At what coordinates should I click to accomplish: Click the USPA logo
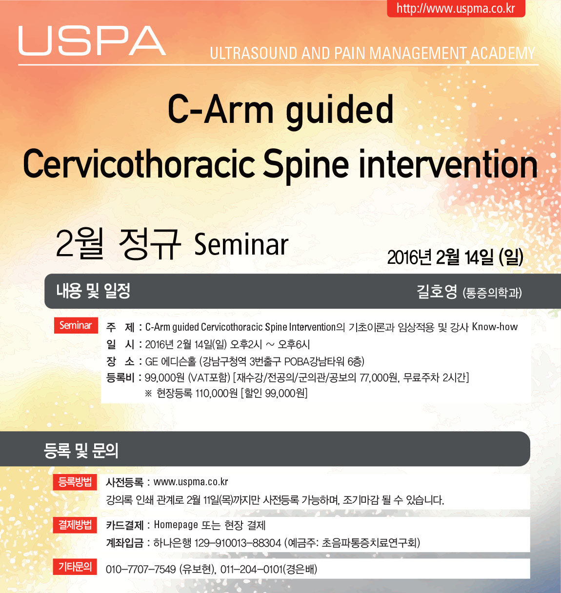(92, 40)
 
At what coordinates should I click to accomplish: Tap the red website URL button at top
(456, 8)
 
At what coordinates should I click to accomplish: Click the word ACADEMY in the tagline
(503, 53)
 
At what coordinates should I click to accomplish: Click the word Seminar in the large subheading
(241, 245)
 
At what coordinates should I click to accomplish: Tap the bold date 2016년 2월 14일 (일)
(455, 257)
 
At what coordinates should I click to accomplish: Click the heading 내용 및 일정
(93, 291)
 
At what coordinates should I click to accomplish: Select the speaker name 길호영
(437, 292)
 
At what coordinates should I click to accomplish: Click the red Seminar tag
(76, 325)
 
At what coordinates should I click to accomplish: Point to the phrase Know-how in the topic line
(495, 327)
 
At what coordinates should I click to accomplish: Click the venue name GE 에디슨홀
(171, 361)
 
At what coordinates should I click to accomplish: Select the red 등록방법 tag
(75, 482)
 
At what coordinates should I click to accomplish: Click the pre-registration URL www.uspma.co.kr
(191, 482)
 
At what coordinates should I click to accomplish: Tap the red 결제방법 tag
(75, 525)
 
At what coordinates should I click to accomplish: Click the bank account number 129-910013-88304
(238, 543)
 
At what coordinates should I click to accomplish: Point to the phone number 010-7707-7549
(140, 570)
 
